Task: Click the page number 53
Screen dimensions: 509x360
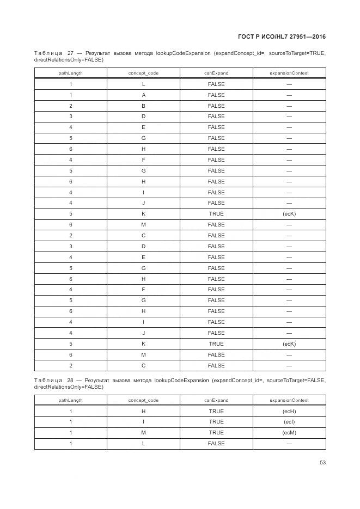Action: pos(322,463)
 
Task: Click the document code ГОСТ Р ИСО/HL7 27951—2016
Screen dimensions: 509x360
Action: pos(282,37)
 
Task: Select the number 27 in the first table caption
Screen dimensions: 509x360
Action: pos(71,53)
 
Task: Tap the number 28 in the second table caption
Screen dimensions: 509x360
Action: pos(71,380)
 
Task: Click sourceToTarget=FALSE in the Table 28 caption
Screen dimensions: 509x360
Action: pos(295,380)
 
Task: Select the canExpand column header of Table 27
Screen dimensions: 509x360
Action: pos(216,73)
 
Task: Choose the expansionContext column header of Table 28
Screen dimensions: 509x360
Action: pos(289,400)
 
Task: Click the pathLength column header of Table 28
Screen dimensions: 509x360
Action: pos(71,400)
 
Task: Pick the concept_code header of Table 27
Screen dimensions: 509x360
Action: pos(143,73)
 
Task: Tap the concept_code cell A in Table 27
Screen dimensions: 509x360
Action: pos(143,95)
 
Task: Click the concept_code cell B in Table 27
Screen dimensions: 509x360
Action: pos(143,106)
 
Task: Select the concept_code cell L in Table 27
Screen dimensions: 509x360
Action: pos(143,84)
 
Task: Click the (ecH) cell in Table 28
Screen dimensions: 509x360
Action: pos(289,412)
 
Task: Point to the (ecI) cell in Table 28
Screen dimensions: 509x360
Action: pos(289,422)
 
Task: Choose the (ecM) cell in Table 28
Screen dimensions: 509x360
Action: pos(289,433)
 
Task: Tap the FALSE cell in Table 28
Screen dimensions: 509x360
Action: pos(216,444)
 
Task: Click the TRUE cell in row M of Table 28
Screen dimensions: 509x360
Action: pos(216,433)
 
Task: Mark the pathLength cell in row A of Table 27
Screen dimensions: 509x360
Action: pos(71,95)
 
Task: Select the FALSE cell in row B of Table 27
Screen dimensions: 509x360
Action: pos(216,106)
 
